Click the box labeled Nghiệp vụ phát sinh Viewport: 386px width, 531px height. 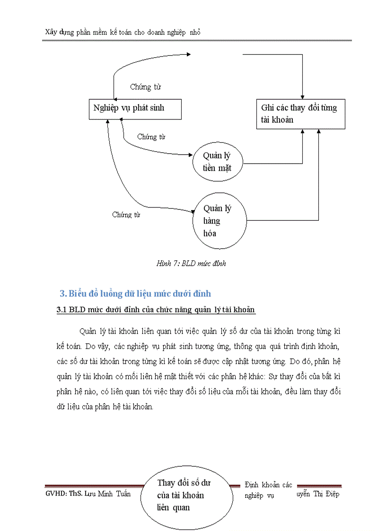129,108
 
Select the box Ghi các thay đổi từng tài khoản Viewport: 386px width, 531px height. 300,114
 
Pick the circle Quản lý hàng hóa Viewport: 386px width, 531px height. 219,221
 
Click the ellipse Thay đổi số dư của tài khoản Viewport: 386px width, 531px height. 184,495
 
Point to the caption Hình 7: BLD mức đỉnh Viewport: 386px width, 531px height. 191,263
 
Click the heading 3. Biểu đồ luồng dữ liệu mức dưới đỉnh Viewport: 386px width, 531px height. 135,294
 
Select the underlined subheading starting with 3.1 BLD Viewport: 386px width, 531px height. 156,310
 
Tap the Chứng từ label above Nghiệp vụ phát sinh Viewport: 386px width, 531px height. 145,87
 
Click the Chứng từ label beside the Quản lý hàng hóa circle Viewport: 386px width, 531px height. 126,214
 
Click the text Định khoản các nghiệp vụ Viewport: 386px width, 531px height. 268,490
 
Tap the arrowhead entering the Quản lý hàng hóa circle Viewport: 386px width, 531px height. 193,211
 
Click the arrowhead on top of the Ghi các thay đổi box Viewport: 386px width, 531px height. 303,96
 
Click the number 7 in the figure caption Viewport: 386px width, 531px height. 175,263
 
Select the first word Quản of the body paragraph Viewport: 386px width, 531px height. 87,330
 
